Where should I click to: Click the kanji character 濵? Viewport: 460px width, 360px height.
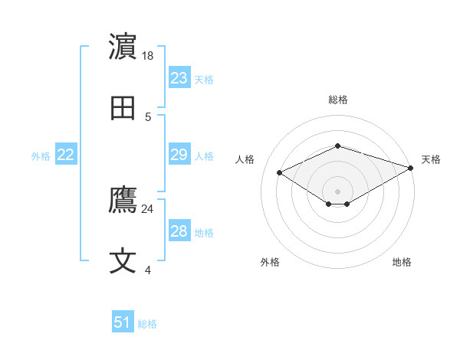pyautogui.click(x=123, y=48)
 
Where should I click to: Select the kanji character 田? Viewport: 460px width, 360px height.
pyautogui.click(x=123, y=110)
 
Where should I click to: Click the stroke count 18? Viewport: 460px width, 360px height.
pyautogui.click(x=149, y=56)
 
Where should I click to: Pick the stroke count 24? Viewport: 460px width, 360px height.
pyautogui.click(x=148, y=208)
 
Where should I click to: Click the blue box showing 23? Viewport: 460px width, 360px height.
pyautogui.click(x=179, y=78)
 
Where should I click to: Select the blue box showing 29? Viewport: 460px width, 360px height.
pyautogui.click(x=179, y=155)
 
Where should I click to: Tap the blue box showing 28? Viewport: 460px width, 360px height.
pyautogui.click(x=179, y=231)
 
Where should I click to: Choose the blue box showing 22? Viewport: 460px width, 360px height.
pyautogui.click(x=66, y=155)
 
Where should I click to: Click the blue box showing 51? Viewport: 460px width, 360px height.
pyautogui.click(x=123, y=322)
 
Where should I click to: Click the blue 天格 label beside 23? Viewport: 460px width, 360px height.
pyautogui.click(x=204, y=80)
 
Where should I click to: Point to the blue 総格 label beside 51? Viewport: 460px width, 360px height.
pyautogui.click(x=147, y=324)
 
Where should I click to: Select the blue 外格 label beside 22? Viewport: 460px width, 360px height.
pyautogui.click(x=41, y=156)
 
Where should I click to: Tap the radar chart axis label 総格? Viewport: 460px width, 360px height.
pyautogui.click(x=338, y=100)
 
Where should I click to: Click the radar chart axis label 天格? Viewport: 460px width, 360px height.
pyautogui.click(x=431, y=159)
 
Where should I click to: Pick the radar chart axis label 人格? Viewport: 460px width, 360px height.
pyautogui.click(x=245, y=159)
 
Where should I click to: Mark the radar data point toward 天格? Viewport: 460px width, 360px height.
pyautogui.click(x=412, y=167)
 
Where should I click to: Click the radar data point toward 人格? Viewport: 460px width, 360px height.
pyautogui.click(x=279, y=172)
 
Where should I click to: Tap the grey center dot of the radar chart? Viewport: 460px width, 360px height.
pyautogui.click(x=338, y=191)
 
